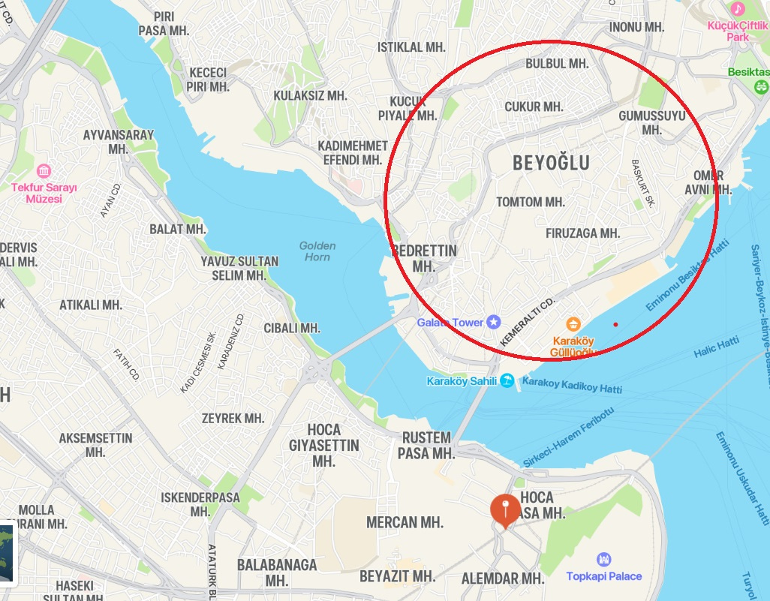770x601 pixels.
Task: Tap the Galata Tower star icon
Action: click(493, 322)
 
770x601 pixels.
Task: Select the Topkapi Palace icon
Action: click(603, 560)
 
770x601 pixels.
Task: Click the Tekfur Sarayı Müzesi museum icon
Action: click(44, 170)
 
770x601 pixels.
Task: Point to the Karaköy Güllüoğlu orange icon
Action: click(573, 324)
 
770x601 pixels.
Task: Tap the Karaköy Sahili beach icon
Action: click(508, 381)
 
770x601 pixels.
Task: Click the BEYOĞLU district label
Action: click(551, 163)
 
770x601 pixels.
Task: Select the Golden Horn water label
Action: click(317, 251)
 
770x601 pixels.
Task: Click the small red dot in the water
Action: click(615, 324)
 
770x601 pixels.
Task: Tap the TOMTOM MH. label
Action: click(531, 202)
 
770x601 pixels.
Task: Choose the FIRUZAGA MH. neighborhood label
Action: click(582, 233)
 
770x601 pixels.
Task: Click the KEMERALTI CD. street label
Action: click(526, 320)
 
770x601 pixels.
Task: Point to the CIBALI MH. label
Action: click(292, 328)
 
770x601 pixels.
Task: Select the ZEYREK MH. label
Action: click(233, 418)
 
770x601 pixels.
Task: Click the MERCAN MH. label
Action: click(405, 522)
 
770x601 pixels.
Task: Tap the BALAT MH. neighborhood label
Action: click(178, 229)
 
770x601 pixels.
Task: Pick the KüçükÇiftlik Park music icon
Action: click(738, 9)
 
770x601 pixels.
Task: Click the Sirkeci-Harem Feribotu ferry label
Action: click(569, 438)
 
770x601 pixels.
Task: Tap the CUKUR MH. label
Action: click(534, 107)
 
